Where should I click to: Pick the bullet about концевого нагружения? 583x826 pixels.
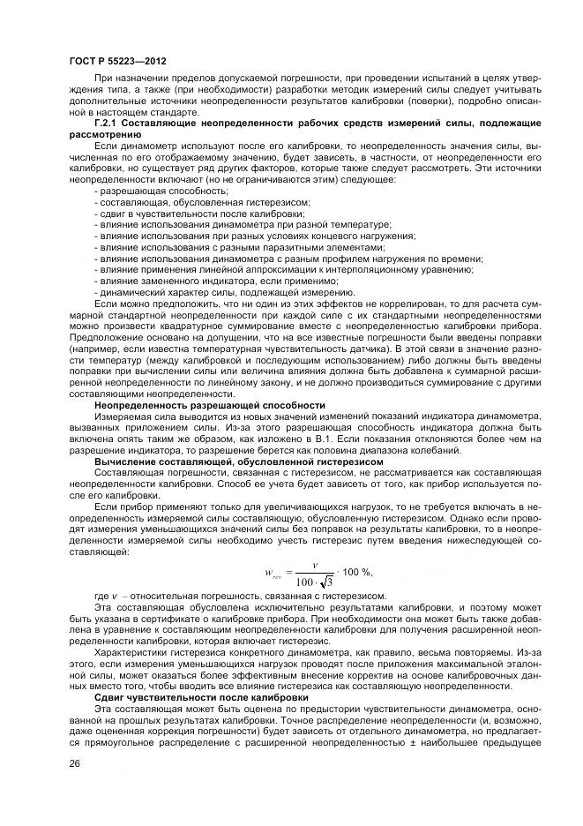click(x=257, y=236)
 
